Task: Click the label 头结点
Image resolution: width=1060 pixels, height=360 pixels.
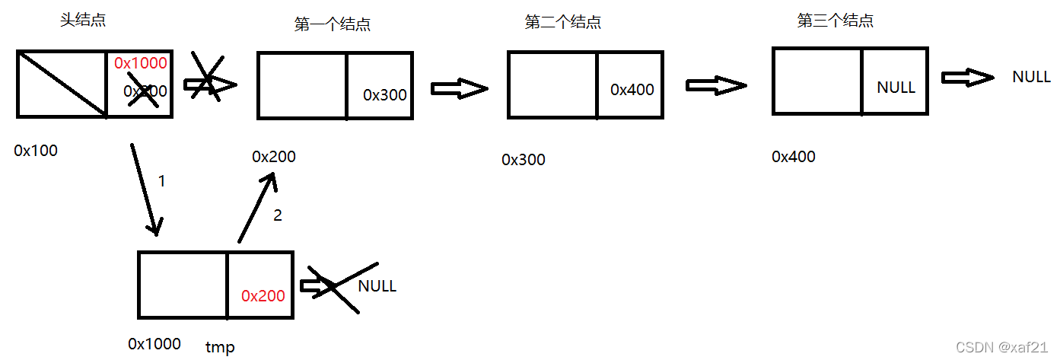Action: pos(83,21)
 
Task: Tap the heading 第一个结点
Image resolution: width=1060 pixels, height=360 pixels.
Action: pos(333,24)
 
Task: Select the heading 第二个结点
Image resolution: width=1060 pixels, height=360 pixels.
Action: pos(563,23)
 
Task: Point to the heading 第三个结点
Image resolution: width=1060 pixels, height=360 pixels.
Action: pos(835,21)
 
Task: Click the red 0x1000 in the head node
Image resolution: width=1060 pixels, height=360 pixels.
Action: pos(141,63)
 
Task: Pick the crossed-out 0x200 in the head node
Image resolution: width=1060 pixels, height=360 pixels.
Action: pos(145,91)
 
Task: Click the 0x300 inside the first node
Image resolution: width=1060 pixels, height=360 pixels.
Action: pos(384,95)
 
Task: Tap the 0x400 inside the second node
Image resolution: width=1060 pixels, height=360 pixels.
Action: pos(632,90)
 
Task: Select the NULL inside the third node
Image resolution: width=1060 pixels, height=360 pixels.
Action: pos(896,88)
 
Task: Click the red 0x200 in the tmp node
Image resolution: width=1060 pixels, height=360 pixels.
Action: pos(263,296)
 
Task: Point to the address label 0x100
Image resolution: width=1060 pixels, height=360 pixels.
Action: pos(36,151)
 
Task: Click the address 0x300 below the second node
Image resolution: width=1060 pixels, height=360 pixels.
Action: pos(524,160)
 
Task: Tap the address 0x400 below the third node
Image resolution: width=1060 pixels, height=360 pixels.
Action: pos(793,157)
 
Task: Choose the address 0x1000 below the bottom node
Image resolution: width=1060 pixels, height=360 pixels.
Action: pos(154,344)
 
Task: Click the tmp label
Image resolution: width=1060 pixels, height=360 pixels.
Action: pos(220,347)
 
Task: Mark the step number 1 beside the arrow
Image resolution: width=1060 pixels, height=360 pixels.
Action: pos(161,181)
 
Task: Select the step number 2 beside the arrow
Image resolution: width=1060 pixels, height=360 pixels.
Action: pos(277,215)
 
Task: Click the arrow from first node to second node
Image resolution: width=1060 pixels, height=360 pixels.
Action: pos(459,89)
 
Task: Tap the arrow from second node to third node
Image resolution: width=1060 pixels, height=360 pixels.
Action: pos(715,85)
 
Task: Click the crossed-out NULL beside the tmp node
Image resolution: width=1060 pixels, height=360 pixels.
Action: pos(377,286)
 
